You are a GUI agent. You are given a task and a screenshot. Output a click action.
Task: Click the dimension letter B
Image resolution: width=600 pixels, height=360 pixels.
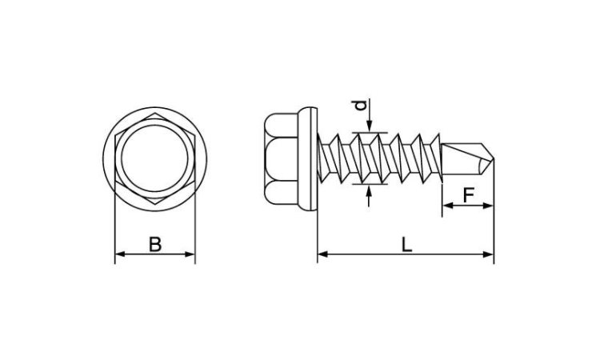[155, 245]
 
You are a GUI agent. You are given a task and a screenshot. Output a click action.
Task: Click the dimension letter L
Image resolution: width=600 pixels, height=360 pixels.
[406, 245]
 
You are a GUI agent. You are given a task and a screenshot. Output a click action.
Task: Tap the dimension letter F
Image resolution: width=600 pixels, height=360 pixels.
[468, 195]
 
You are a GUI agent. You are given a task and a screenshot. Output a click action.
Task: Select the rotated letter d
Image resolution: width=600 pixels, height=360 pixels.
[361, 105]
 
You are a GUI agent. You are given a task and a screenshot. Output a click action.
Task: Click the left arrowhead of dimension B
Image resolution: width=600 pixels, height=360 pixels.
[120, 254]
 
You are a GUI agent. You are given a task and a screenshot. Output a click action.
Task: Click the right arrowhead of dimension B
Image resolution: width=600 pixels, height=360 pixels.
[190, 254]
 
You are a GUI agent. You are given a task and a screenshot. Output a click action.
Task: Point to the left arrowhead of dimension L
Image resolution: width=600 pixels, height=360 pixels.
[322, 254]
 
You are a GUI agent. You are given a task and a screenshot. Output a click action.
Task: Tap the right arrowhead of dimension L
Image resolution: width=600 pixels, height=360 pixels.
[489, 254]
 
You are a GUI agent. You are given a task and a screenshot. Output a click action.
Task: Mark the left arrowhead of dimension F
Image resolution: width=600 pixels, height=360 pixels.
[448, 206]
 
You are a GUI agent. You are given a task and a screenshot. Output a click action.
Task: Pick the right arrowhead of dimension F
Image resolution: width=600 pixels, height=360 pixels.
[489, 206]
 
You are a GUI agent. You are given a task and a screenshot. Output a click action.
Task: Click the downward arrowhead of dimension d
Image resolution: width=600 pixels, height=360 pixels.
[369, 127]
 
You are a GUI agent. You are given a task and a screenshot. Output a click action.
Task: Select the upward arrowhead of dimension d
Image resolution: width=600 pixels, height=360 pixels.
[369, 190]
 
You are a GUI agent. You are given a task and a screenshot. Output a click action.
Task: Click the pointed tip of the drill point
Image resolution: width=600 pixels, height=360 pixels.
[494, 158]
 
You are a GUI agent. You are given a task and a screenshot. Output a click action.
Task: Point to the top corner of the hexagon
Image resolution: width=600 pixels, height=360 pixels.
[155, 113]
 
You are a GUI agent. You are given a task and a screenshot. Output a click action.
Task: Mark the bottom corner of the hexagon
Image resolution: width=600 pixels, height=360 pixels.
[155, 205]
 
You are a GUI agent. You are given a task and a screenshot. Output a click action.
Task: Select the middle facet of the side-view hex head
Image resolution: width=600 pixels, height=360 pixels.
[281, 158]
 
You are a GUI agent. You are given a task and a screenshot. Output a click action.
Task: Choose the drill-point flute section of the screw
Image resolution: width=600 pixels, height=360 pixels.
[468, 158]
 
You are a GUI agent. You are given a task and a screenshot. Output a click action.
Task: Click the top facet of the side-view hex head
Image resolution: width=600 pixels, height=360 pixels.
[281, 126]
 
